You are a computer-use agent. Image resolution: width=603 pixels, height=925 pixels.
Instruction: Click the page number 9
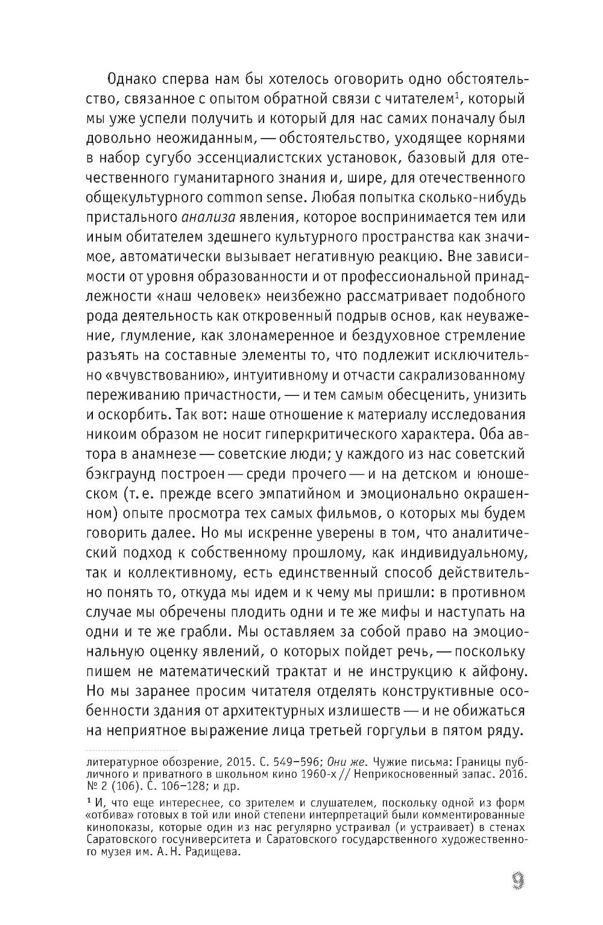click(516, 883)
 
